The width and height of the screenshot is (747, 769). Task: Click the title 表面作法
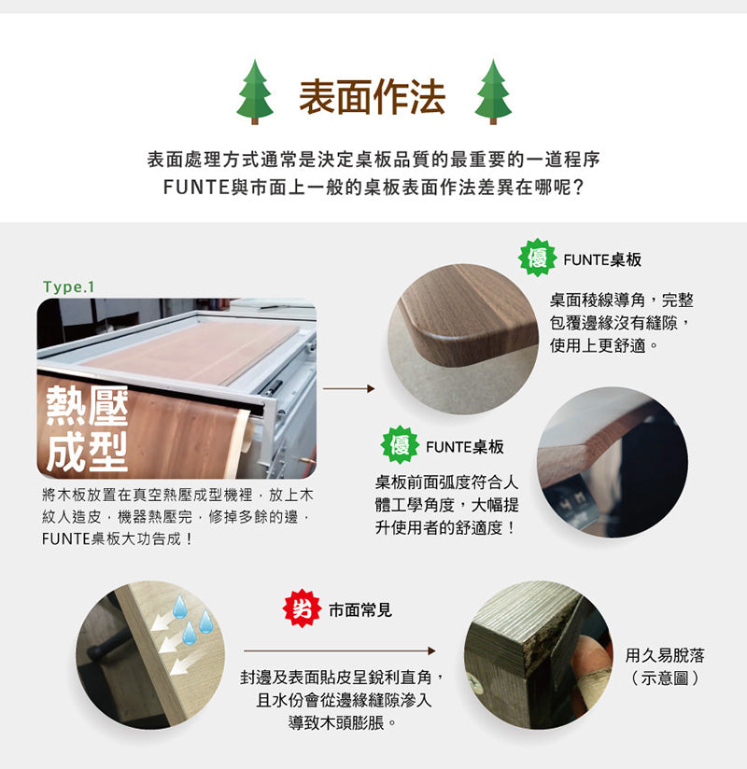click(x=373, y=97)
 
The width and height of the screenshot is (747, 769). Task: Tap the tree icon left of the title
click(x=254, y=92)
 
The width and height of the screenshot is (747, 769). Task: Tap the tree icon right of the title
click(x=493, y=92)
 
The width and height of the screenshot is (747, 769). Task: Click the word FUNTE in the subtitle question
click(x=194, y=187)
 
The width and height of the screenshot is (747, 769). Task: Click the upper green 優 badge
click(x=537, y=259)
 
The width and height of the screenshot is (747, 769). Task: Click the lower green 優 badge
click(x=400, y=446)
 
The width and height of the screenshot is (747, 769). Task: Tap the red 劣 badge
click(x=303, y=609)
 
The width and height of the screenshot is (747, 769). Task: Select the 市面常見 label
click(x=359, y=610)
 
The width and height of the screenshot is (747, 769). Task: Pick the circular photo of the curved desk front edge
click(x=612, y=462)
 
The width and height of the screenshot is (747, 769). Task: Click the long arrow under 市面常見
click(x=340, y=650)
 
